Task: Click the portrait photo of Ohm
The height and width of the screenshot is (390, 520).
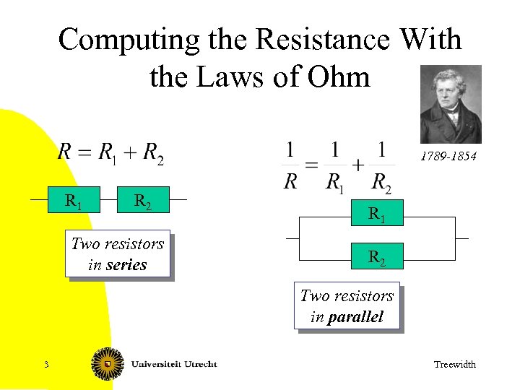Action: pyautogui.click(x=451, y=105)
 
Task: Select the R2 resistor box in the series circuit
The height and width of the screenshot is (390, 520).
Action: pyautogui.click(x=142, y=200)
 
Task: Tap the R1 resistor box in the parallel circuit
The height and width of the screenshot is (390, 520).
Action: pyautogui.click(x=376, y=214)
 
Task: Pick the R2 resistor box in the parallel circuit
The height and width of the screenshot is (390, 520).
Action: pyautogui.click(x=376, y=256)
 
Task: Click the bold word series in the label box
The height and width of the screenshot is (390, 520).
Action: pyautogui.click(x=126, y=265)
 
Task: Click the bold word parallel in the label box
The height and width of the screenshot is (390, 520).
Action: pyautogui.click(x=355, y=317)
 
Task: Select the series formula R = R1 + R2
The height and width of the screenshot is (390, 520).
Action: pyautogui.click(x=110, y=152)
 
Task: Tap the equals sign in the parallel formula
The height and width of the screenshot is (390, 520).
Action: pyautogui.click(x=311, y=165)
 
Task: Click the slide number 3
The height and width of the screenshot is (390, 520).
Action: pyautogui.click(x=45, y=364)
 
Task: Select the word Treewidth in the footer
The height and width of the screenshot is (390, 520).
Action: pyautogui.click(x=454, y=365)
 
